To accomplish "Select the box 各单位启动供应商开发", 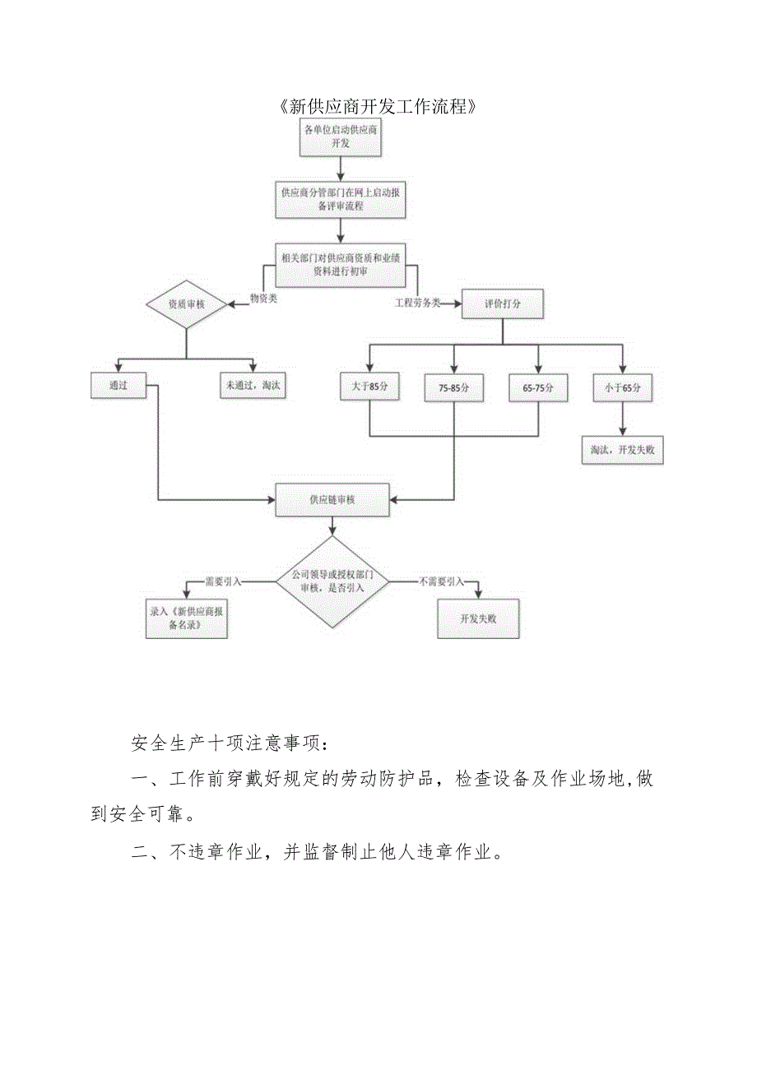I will [341, 137].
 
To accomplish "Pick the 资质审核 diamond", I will [186, 304].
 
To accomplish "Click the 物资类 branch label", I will [263, 299].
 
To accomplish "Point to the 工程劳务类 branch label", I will [416, 303].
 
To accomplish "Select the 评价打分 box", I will [502, 304].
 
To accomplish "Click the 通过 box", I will [118, 385].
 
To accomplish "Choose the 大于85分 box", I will [369, 387].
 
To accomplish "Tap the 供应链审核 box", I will [332, 500].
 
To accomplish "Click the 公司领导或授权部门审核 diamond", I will [332, 581].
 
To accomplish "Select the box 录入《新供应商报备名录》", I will [186, 618].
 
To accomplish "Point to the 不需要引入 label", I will [442, 581].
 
